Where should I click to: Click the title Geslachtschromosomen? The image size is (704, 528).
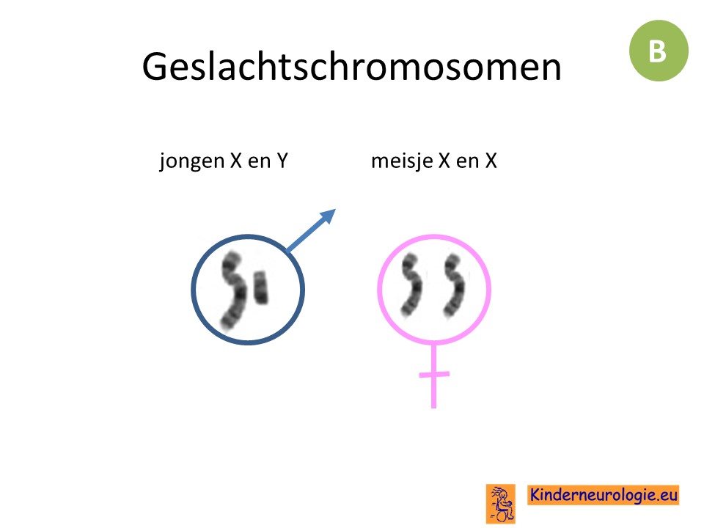tap(351, 67)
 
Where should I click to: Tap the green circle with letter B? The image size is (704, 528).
tap(659, 51)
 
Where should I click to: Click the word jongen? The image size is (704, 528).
tap(191, 161)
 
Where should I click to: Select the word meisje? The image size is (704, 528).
tap(402, 161)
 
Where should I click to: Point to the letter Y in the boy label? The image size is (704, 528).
tap(282, 161)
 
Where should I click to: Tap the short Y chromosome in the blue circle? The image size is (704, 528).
tap(261, 287)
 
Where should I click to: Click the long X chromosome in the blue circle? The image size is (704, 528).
tap(233, 290)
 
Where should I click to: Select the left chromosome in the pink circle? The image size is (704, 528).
tap(411, 285)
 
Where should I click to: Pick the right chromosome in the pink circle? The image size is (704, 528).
tap(454, 285)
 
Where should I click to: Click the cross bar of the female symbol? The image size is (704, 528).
tap(433, 373)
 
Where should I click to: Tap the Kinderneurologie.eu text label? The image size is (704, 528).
tap(603, 495)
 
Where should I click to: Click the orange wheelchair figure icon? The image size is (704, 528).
tap(501, 504)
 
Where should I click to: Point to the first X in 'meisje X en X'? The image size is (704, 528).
tap(444, 161)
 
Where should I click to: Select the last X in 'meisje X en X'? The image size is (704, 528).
tap(491, 161)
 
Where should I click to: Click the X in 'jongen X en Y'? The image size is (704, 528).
tap(236, 161)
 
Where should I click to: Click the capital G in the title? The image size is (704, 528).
tap(155, 67)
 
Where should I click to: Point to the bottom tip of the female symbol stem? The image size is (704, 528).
tap(433, 408)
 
